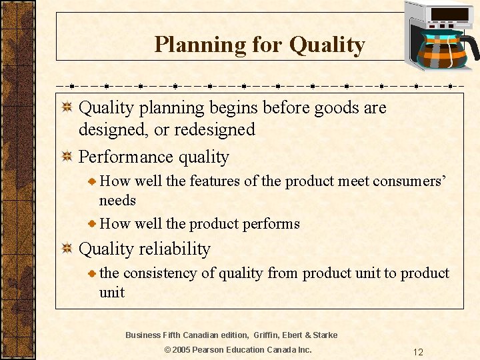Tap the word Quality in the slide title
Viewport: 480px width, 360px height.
click(327, 45)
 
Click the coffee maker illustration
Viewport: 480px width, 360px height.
click(440, 40)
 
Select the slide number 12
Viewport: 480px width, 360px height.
click(418, 352)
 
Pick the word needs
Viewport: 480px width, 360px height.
click(117, 201)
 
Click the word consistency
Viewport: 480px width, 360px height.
click(159, 273)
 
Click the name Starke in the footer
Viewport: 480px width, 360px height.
click(324, 335)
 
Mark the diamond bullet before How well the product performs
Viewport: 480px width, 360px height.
click(93, 224)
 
